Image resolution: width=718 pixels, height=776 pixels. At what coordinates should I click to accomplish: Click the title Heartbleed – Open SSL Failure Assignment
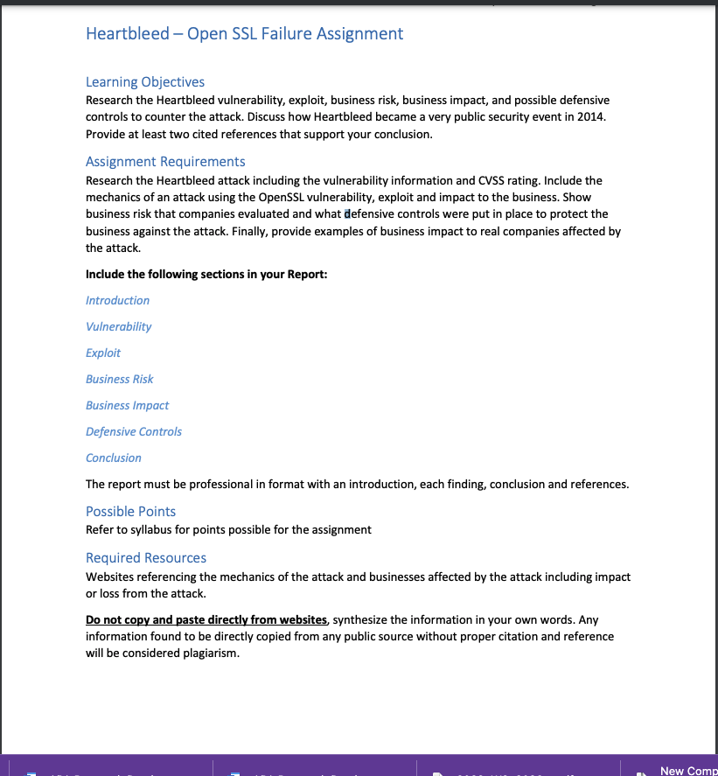[x=244, y=34]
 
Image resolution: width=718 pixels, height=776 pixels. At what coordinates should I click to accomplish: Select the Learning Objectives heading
[x=145, y=82]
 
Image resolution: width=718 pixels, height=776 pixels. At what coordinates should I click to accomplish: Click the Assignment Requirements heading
[x=165, y=162]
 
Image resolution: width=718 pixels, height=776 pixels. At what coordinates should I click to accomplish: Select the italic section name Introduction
[x=117, y=301]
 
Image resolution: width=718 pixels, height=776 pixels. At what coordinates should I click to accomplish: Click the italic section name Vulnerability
[x=118, y=327]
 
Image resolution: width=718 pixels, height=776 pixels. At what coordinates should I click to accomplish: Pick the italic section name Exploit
[x=103, y=353]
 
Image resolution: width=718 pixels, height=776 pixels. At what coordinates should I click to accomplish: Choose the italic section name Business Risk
[x=119, y=380]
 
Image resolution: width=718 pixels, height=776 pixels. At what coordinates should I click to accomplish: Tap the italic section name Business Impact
[x=127, y=406]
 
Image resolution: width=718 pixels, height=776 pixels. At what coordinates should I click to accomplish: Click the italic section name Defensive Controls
[x=134, y=432]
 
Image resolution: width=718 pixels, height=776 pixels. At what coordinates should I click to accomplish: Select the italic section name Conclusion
[x=113, y=458]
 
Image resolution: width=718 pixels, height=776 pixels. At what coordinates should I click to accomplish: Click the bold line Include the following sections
[x=206, y=275]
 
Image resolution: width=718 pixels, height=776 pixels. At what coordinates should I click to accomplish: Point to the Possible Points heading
[x=130, y=512]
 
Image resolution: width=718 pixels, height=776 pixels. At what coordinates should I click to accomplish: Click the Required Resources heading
[x=146, y=558]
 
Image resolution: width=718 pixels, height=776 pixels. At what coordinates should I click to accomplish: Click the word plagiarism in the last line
[x=211, y=654]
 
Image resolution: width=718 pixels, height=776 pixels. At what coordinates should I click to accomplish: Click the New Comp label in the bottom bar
[x=687, y=771]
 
